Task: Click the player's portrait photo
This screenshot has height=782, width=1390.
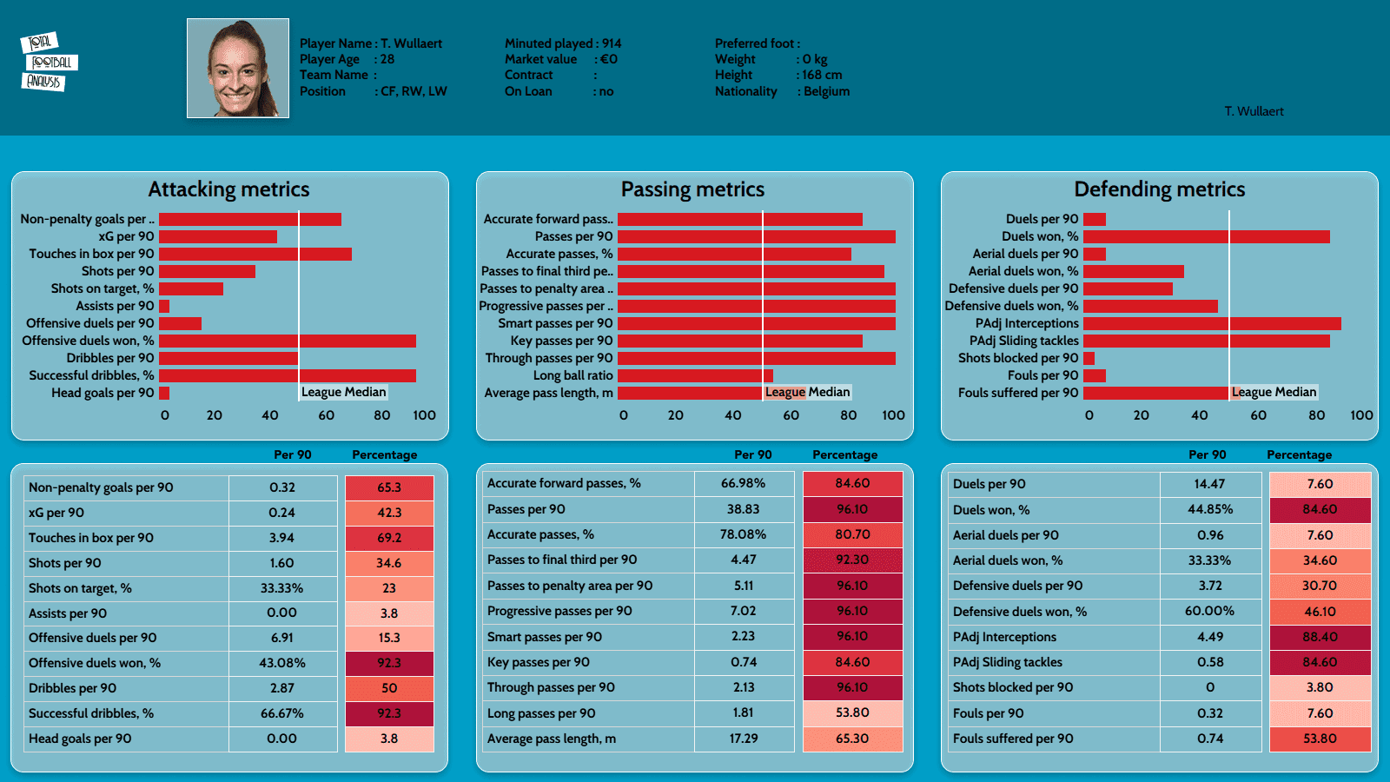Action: [238, 68]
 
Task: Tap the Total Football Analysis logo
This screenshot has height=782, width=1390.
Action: [49, 62]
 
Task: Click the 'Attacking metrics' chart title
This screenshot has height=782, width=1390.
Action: [228, 189]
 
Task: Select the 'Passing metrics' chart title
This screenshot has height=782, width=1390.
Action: [692, 189]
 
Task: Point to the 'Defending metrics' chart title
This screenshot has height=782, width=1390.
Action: [1159, 189]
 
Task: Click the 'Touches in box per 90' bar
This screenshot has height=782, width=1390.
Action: [255, 254]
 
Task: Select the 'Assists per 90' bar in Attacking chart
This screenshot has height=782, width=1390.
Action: [164, 306]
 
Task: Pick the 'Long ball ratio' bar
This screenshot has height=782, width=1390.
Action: [695, 375]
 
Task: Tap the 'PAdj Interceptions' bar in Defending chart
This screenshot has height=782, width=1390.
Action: [1212, 323]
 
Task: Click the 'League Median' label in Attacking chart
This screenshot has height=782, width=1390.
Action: [343, 392]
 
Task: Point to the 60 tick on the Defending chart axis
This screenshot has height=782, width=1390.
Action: [1258, 415]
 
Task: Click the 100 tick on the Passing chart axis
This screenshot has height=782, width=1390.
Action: [893, 415]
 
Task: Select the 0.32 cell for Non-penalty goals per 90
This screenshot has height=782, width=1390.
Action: [282, 487]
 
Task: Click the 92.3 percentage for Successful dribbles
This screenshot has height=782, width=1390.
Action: [389, 713]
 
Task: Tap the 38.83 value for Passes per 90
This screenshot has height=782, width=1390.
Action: [744, 509]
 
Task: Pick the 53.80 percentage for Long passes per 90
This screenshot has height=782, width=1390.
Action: [852, 712]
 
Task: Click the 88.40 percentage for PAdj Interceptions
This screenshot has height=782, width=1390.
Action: [1320, 637]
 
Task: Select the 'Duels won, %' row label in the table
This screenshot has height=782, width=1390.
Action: [991, 510]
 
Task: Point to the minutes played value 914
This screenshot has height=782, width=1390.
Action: [612, 43]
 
